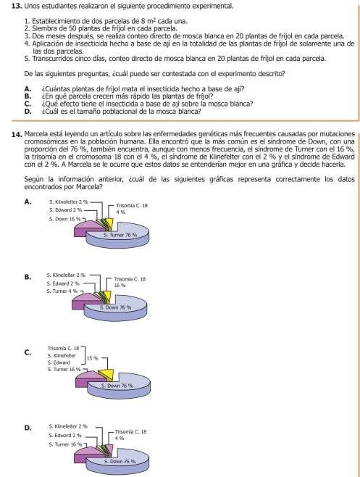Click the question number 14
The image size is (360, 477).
click(x=17, y=134)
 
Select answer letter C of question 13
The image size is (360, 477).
click(x=28, y=104)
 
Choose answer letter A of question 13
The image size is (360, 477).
click(x=28, y=89)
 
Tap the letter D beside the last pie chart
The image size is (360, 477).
click(x=28, y=428)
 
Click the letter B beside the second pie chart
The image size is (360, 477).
click(x=28, y=277)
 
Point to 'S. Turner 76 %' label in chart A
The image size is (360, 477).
click(x=120, y=235)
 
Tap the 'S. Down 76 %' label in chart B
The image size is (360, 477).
click(x=116, y=307)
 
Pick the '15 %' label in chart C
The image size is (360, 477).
click(x=93, y=358)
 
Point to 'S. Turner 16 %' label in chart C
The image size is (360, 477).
click(x=64, y=369)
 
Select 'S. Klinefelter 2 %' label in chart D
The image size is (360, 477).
click(x=68, y=426)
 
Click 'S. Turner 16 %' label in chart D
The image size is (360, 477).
click(x=65, y=444)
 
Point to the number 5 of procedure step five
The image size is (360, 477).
click(x=26, y=59)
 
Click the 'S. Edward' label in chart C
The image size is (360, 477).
click(x=59, y=362)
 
